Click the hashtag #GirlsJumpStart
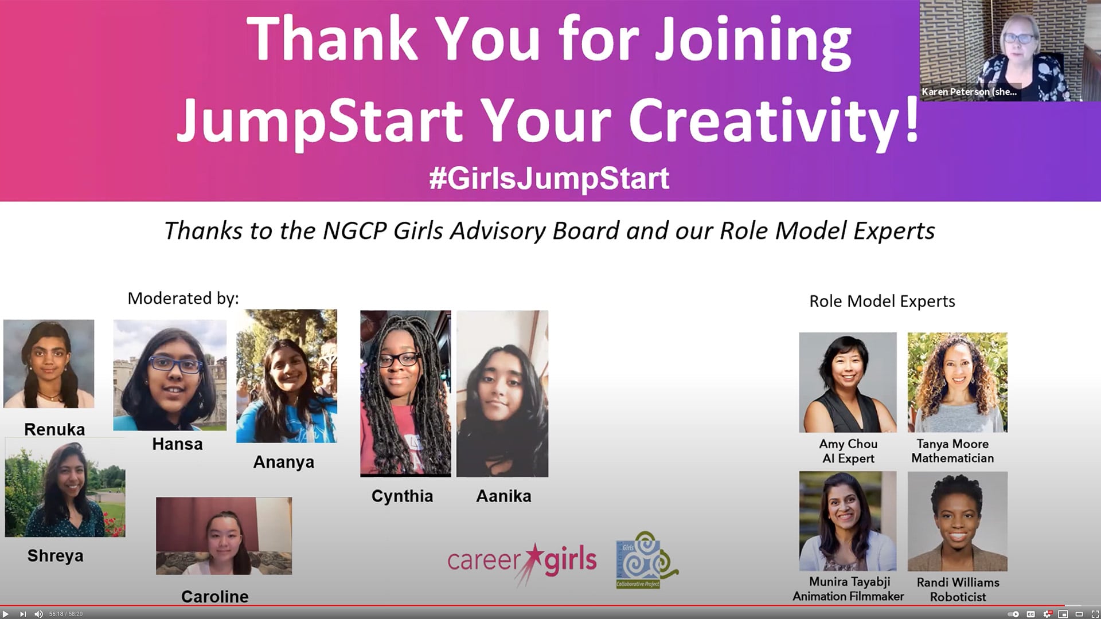click(x=549, y=178)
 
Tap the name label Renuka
click(x=54, y=429)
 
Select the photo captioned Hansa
click(x=170, y=375)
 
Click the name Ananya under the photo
click(x=283, y=462)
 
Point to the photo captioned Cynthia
click(x=405, y=393)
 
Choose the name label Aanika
click(x=503, y=496)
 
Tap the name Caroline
click(x=214, y=597)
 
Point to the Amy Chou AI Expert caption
click(x=848, y=451)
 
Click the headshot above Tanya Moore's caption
click(x=957, y=382)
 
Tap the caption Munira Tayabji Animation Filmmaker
click(x=848, y=589)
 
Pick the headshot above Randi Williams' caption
click(x=957, y=521)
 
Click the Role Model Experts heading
click(x=882, y=301)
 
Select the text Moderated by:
click(x=183, y=299)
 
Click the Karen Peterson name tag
click(x=969, y=92)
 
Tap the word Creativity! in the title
click(x=774, y=120)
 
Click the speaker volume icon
click(x=38, y=614)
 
